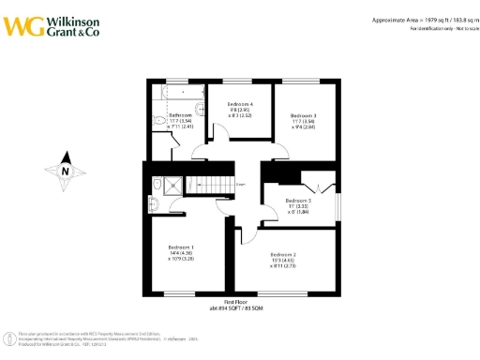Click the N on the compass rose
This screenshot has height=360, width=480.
point(63,171)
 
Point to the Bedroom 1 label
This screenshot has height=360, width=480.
point(182,247)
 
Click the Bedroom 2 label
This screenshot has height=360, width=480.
point(283,255)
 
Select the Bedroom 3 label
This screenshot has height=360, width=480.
point(303,114)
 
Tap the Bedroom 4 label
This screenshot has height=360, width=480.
point(239,103)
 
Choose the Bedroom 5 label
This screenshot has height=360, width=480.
point(298,201)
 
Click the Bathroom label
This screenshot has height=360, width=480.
point(181,114)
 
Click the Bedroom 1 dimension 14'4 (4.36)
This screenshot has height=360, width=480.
point(180,253)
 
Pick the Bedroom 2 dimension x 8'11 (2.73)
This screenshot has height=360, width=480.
point(283,266)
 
